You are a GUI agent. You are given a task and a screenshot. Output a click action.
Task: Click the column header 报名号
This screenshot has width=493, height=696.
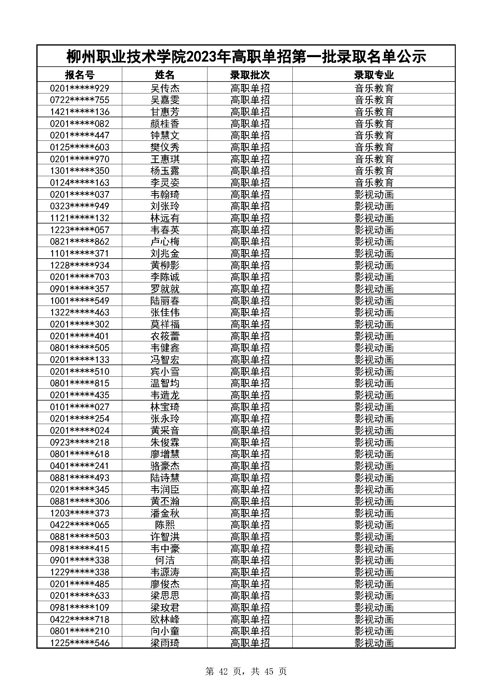click(80, 75)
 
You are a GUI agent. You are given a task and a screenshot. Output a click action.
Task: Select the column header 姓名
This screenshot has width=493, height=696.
click(165, 75)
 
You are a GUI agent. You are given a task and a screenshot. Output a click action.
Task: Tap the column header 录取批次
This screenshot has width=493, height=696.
click(250, 75)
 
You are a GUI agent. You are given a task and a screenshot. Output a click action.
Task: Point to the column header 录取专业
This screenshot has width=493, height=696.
click(374, 75)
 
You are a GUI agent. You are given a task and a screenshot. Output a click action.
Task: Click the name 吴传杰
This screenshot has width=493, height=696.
click(165, 88)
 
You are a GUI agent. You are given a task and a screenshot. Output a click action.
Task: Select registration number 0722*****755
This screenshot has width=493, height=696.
click(80, 100)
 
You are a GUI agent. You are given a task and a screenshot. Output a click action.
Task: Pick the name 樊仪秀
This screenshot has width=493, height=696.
click(165, 147)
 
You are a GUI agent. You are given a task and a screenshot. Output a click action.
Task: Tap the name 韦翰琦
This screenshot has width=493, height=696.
click(165, 194)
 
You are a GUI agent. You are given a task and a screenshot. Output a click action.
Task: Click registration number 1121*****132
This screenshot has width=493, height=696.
click(80, 218)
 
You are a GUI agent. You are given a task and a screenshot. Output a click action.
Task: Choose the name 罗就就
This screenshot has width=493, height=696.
click(165, 289)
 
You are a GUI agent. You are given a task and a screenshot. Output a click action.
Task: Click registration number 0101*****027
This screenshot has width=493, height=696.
click(80, 407)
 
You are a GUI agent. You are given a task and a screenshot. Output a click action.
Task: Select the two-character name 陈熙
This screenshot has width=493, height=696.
click(165, 525)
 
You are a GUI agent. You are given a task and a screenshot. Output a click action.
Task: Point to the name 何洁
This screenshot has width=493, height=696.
click(165, 560)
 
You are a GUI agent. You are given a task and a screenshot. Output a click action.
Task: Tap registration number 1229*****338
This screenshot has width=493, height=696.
click(80, 572)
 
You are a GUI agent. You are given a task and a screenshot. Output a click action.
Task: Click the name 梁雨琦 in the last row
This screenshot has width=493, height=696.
click(165, 643)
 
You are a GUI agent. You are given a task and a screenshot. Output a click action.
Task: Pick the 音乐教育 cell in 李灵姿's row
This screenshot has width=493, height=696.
click(374, 182)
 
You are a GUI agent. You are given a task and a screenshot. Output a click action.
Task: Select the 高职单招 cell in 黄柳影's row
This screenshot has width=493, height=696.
click(250, 265)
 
